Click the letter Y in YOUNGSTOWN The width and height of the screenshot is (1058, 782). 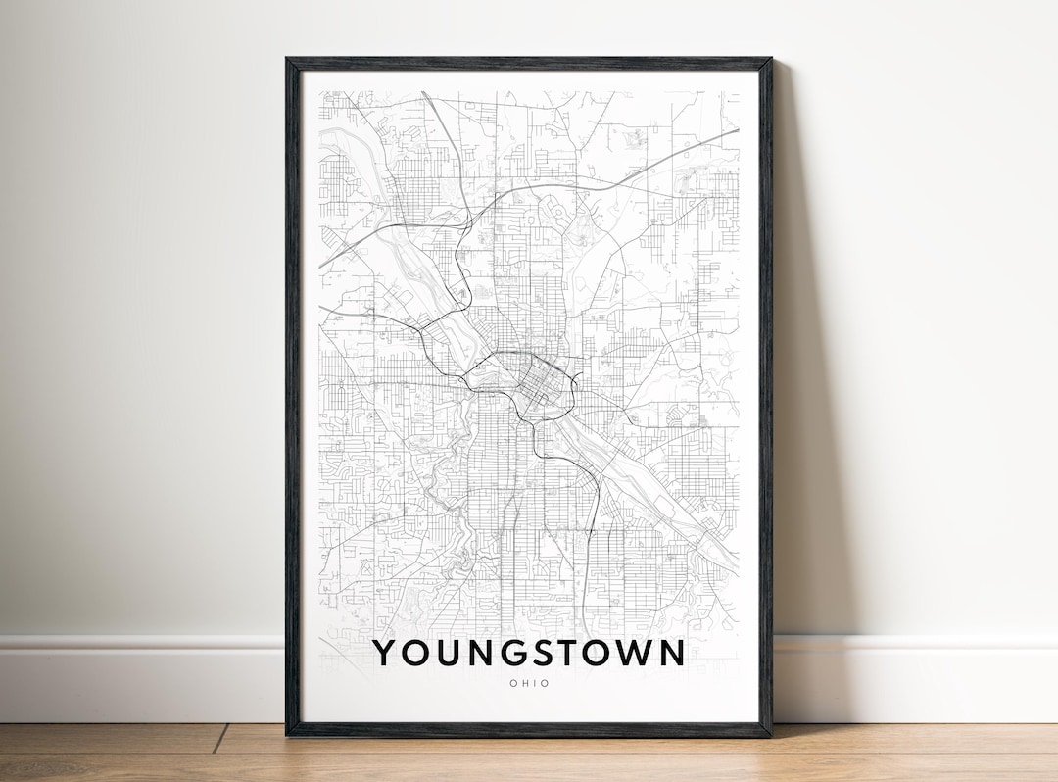[386, 653]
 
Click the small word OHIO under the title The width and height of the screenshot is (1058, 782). [529, 683]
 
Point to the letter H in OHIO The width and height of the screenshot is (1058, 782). [523, 683]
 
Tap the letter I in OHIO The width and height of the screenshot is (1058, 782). [535, 683]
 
